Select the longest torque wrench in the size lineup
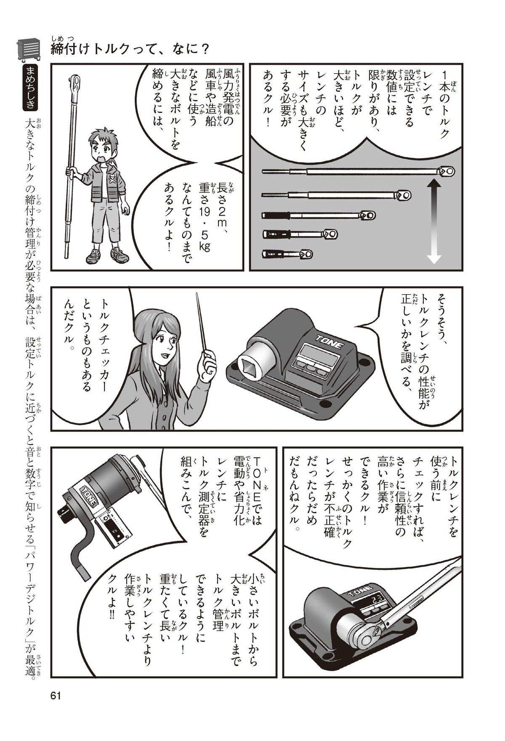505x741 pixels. (x=358, y=171)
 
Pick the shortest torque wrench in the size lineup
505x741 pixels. (x=287, y=254)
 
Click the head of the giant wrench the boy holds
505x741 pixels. (x=76, y=83)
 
